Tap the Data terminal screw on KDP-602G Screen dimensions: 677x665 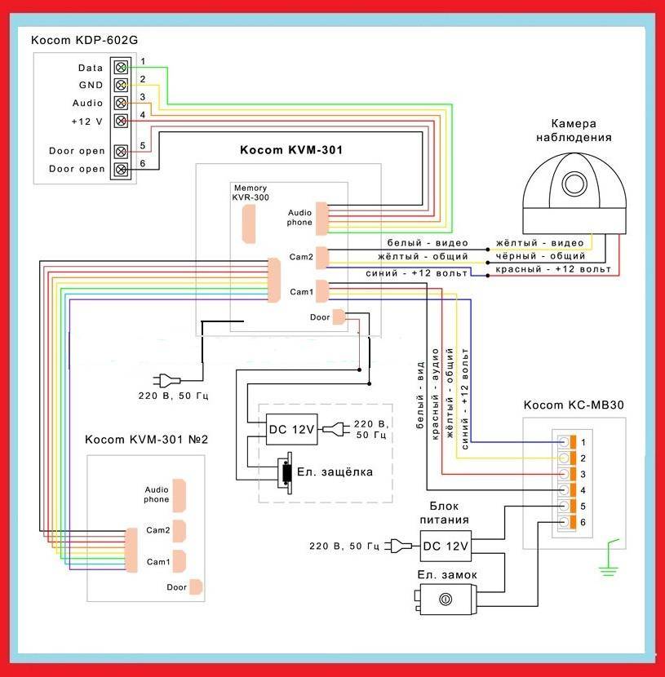(x=121, y=67)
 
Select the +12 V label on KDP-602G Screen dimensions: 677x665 (x=87, y=121)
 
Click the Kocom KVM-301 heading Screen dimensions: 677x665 (x=290, y=150)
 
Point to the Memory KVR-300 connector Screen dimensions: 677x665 (x=249, y=223)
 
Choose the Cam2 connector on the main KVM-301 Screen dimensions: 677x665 (x=321, y=256)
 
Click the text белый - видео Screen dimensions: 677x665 (x=417, y=243)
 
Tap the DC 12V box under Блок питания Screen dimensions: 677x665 (x=446, y=546)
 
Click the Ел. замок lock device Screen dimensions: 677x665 (x=444, y=600)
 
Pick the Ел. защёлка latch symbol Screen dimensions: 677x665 (x=286, y=471)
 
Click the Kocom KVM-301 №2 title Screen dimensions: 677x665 (x=147, y=440)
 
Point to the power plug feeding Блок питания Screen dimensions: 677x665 (x=397, y=546)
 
